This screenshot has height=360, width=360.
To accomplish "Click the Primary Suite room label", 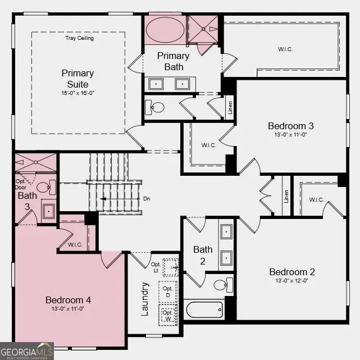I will tap(78, 78).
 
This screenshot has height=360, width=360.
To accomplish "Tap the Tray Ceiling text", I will tap(80, 38).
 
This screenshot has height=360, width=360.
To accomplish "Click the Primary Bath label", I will tap(173, 61).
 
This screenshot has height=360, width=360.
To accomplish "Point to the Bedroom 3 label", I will tap(287, 126).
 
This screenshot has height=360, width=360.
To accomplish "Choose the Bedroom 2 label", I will tap(291, 272).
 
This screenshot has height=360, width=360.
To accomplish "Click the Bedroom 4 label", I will tap(68, 300).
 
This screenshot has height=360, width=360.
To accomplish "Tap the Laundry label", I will tap(144, 298).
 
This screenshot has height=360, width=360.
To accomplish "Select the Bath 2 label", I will tap(203, 254).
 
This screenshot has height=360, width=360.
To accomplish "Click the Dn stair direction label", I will tap(147, 199).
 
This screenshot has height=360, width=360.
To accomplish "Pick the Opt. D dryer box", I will tap(167, 292).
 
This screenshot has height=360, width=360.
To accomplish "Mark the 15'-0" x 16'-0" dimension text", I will tap(78, 93).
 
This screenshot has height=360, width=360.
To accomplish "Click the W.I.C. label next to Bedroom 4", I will tap(76, 244).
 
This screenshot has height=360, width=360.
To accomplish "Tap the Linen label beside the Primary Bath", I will tap(230, 107).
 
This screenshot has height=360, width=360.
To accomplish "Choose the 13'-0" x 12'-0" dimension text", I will tap(291, 281).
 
